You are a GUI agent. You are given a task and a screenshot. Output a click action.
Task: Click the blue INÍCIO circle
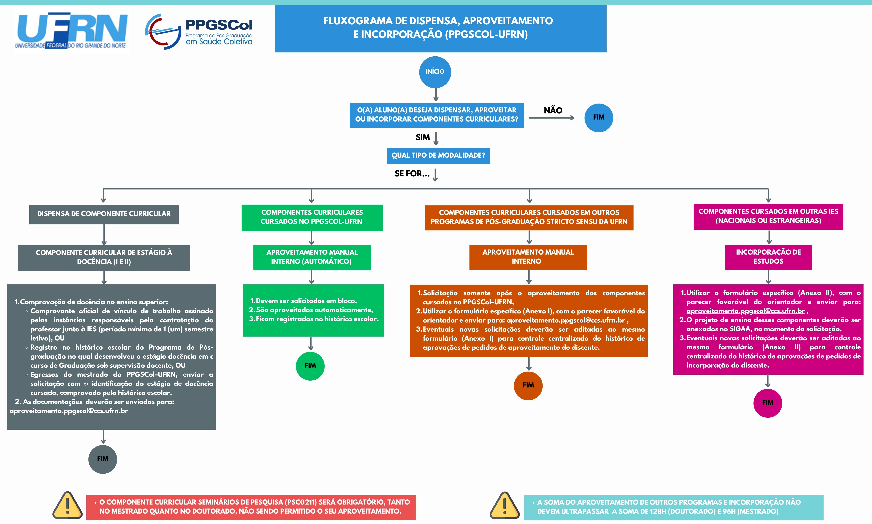coord(435,72)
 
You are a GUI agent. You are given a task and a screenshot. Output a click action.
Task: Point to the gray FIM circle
coord(103,459)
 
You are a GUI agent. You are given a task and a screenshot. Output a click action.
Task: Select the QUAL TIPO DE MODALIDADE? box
coord(438,156)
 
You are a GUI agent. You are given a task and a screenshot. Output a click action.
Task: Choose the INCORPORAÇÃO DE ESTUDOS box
coord(768,257)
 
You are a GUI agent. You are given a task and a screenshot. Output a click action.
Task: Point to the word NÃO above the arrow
coord(553,110)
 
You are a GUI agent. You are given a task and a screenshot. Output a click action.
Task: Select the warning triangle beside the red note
coord(67,506)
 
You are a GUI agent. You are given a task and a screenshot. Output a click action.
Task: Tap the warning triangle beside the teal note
coord(505,506)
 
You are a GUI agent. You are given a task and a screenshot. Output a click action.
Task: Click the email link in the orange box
coord(566,321)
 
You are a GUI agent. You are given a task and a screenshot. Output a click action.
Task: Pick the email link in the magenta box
coord(746,311)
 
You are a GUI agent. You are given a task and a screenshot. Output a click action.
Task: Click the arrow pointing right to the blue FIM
coord(552,118)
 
